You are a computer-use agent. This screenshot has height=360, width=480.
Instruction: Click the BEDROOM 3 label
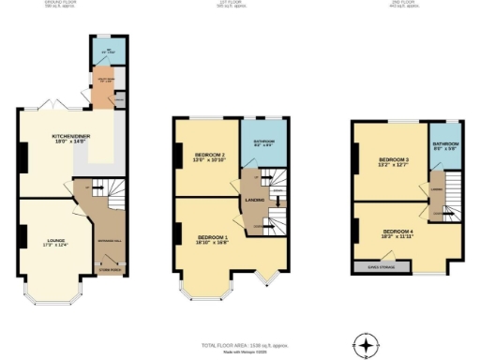pos(394,162)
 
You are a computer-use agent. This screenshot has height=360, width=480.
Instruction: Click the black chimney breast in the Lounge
pos(19,236)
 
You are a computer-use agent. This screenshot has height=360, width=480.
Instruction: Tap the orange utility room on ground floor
pos(102,89)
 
